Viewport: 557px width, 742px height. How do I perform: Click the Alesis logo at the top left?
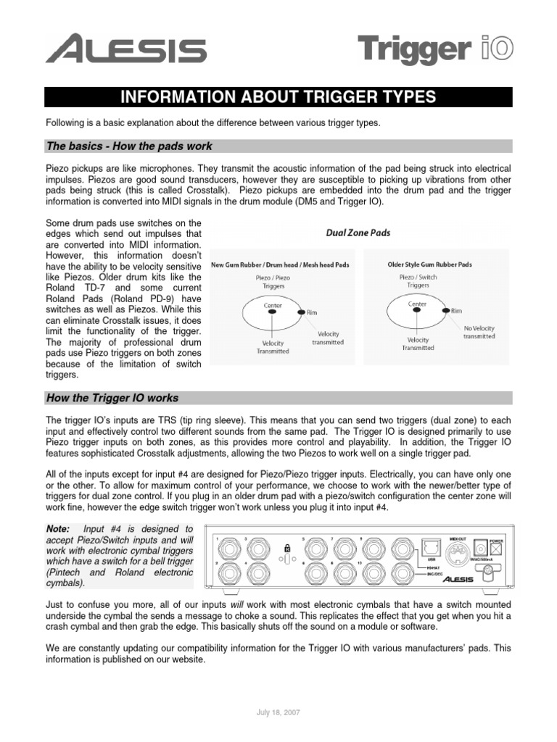point(126,51)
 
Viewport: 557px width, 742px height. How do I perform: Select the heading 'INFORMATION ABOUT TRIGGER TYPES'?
point(278,97)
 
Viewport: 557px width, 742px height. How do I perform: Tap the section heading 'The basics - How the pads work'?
point(129,146)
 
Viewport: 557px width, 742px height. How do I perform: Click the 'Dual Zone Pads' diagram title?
point(359,233)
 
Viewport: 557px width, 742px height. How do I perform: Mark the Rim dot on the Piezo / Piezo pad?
point(302,310)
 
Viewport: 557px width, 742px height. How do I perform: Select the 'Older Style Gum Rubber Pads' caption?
point(429,264)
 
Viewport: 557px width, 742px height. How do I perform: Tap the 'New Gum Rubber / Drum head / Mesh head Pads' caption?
point(279,264)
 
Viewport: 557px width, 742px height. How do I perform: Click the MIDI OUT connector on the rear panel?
point(458,558)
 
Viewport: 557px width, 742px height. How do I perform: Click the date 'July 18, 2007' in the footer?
point(278,712)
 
